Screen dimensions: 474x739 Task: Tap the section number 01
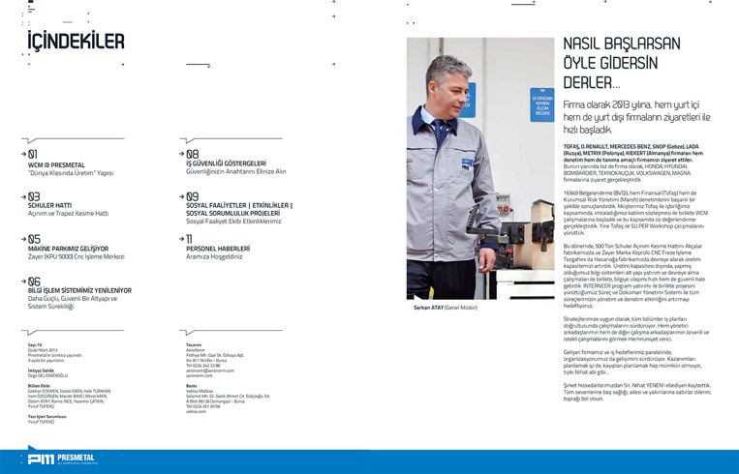[x=33, y=154]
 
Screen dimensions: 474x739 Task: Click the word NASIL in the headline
[x=586, y=44]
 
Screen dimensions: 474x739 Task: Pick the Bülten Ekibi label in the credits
[x=42, y=385]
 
